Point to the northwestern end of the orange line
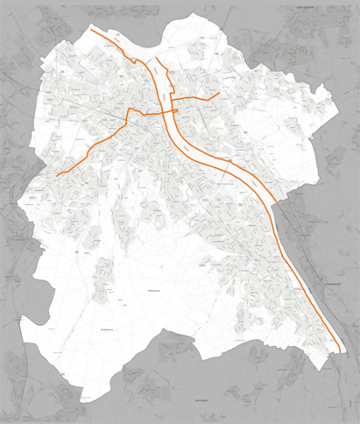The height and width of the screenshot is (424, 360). (x=91, y=29)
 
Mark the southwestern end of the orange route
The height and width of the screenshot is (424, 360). (x=57, y=176)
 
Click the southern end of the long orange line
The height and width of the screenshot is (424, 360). (x=338, y=353)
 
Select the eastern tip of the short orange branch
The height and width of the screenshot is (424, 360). (x=219, y=92)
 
